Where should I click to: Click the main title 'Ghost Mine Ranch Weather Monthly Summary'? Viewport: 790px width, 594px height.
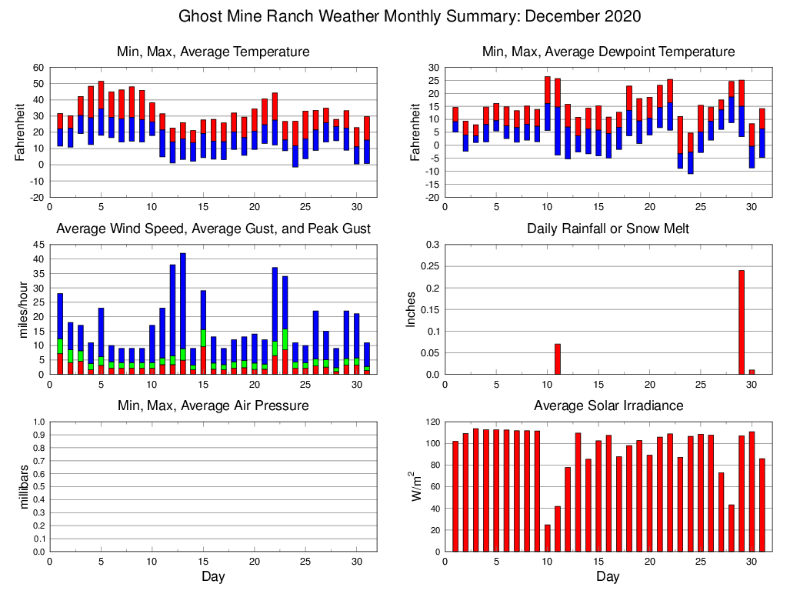409,16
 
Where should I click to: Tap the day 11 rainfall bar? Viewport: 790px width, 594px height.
558,359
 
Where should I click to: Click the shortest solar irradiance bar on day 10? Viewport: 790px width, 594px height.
548,538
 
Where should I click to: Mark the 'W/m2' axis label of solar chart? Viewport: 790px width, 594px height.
416,486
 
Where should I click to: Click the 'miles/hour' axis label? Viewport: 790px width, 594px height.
22,309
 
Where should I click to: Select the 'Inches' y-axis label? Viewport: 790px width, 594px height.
412,309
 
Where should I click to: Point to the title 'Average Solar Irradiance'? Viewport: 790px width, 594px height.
608,405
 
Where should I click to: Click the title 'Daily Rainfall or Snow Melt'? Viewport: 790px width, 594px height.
608,229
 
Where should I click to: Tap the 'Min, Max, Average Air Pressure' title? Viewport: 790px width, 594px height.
213,405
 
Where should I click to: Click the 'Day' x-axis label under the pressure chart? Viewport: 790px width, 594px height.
213,576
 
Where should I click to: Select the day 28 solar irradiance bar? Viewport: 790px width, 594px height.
721,512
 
